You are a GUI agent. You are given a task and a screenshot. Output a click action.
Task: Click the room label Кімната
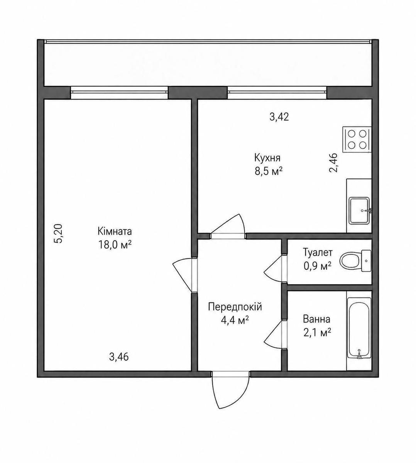coord(115,231)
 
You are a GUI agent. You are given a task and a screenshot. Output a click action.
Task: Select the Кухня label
coord(267,158)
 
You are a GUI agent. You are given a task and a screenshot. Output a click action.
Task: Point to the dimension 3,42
coord(279,117)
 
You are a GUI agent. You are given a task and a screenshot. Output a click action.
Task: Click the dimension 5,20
coord(58,233)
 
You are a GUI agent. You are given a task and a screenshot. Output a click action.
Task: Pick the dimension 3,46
coord(119,357)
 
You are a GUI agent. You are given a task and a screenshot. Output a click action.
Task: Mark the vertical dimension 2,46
coord(333,162)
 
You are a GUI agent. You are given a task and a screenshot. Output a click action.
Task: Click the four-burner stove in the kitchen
coord(357,139)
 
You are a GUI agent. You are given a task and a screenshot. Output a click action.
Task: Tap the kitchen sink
coord(360,211)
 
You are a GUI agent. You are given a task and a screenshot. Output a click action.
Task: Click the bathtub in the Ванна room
coord(359,333)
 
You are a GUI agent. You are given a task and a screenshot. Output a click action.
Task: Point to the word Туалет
coord(318,252)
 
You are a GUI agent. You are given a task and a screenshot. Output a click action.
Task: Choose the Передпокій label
coord(235,307)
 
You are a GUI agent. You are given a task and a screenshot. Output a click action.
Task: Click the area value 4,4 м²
coord(235,320)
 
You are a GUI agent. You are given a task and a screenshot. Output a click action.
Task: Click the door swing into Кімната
coord(183,275)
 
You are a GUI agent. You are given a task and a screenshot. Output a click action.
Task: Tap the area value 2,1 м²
coord(317,333)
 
